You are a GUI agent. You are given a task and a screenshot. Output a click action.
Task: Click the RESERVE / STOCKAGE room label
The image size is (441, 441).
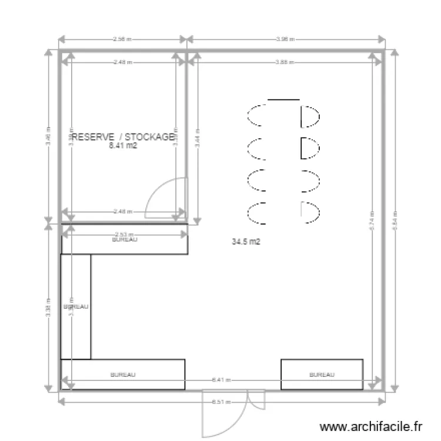coord(122,137)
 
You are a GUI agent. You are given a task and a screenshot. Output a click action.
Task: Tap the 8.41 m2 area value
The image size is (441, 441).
coord(123,146)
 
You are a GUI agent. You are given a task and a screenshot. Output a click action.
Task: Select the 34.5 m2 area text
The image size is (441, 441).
coord(246,242)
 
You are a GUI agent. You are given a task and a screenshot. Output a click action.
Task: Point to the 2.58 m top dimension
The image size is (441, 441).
coord(122,39)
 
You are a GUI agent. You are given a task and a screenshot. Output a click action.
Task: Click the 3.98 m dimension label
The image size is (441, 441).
coord(285,39)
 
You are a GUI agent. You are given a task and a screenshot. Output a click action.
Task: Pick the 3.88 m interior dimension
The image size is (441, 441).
coord(285,62)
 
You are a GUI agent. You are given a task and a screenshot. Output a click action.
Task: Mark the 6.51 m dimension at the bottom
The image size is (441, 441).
coord(222,403)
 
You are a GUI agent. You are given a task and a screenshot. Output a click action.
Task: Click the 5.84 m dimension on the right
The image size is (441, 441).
coord(395,221)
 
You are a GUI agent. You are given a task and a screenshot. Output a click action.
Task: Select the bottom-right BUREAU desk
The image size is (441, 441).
coord(322,374)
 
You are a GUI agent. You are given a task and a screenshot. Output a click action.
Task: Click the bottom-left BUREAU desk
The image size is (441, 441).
coord(123,374)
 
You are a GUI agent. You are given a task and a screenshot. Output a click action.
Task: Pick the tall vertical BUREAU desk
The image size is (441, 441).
coord(76,306)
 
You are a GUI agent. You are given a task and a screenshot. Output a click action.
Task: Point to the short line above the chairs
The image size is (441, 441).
coord(283,100)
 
